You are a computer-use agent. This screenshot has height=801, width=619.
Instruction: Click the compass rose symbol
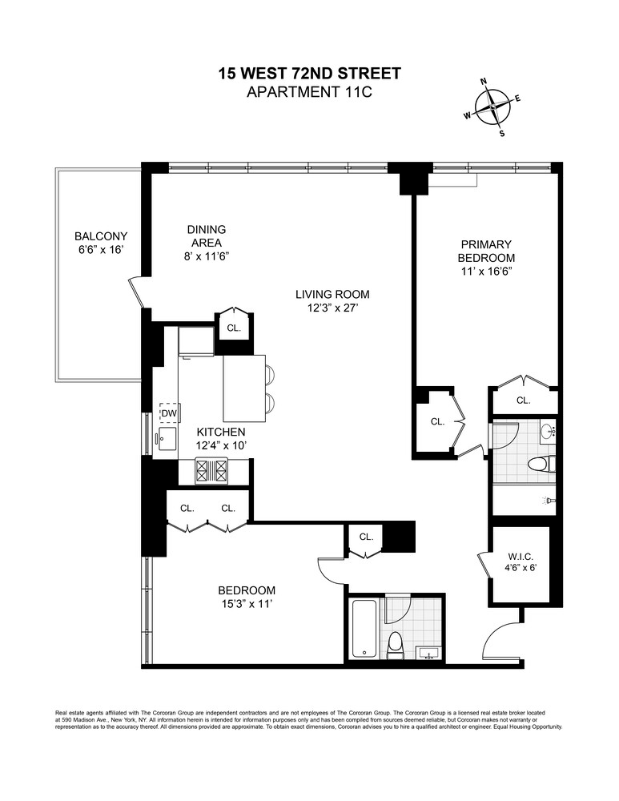495,107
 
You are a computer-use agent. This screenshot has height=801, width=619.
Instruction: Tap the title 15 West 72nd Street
309,74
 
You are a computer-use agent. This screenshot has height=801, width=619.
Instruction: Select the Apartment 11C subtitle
309,92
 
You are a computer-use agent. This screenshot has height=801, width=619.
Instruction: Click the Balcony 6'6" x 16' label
100,243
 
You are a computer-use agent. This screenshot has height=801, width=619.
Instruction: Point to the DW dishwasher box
169,413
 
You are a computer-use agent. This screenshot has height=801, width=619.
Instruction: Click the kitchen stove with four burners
212,470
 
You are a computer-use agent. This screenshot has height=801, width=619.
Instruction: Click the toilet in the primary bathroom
541,464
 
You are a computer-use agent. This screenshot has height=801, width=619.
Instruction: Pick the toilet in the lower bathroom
395,644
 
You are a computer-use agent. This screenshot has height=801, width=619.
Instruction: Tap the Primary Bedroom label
485,257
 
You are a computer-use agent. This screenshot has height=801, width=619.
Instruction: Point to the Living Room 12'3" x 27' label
332,301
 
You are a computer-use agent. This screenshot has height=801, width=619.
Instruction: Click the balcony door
136,292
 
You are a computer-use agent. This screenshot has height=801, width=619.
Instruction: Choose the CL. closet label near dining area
233,328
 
